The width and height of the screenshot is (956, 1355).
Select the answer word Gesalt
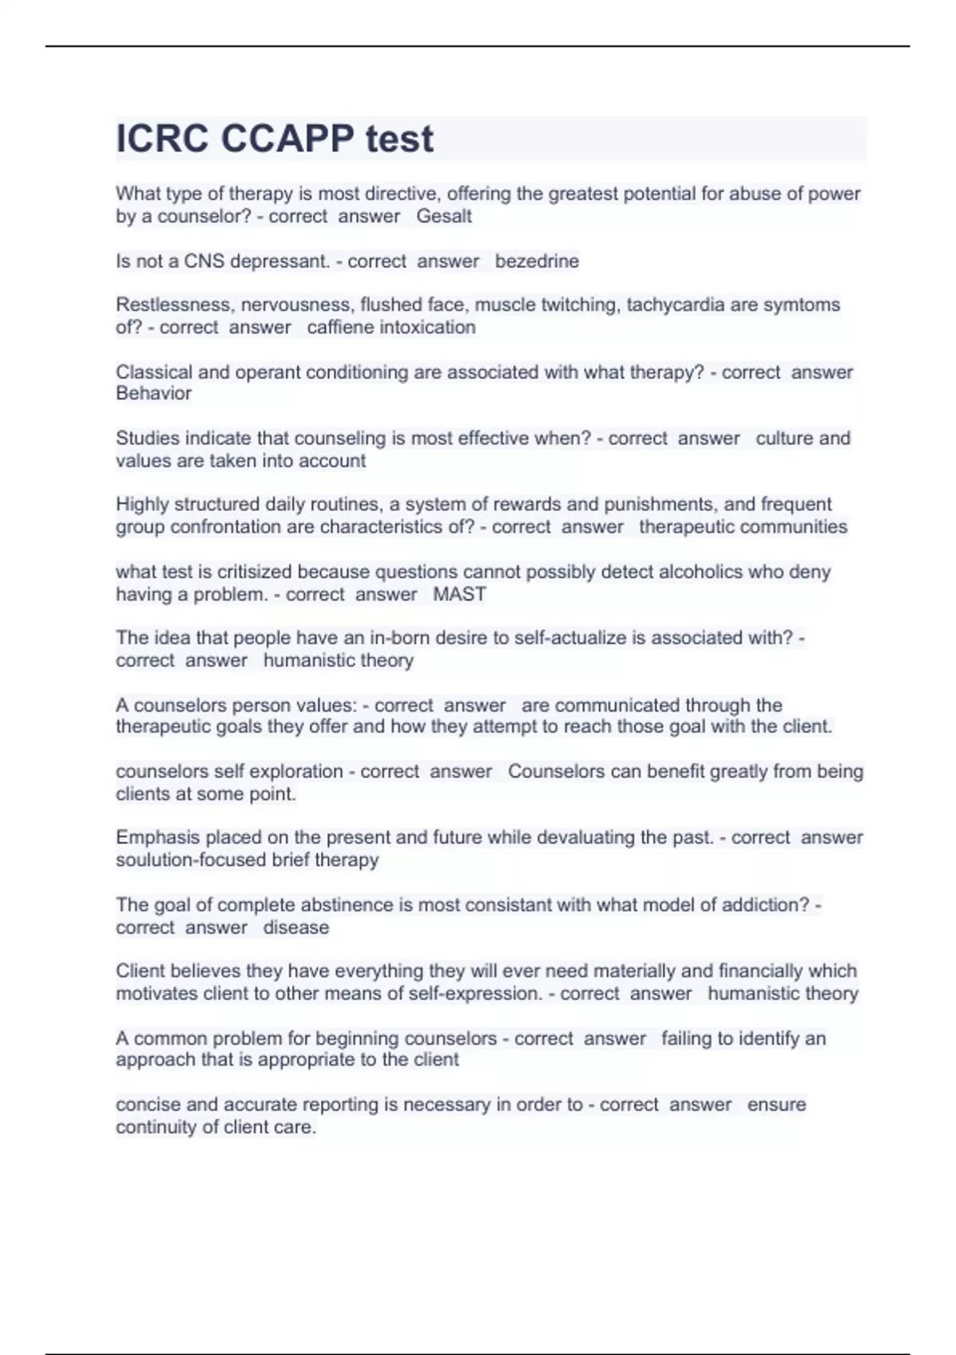coord(444,216)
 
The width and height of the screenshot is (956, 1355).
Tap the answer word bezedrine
coord(537,261)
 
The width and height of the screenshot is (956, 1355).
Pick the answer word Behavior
coord(154,393)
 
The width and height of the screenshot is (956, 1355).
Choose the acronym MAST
coord(459,594)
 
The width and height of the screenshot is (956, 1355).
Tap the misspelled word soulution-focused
coord(191,860)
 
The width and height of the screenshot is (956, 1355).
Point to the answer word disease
coord(296,927)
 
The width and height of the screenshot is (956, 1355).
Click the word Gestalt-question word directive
coord(409,194)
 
